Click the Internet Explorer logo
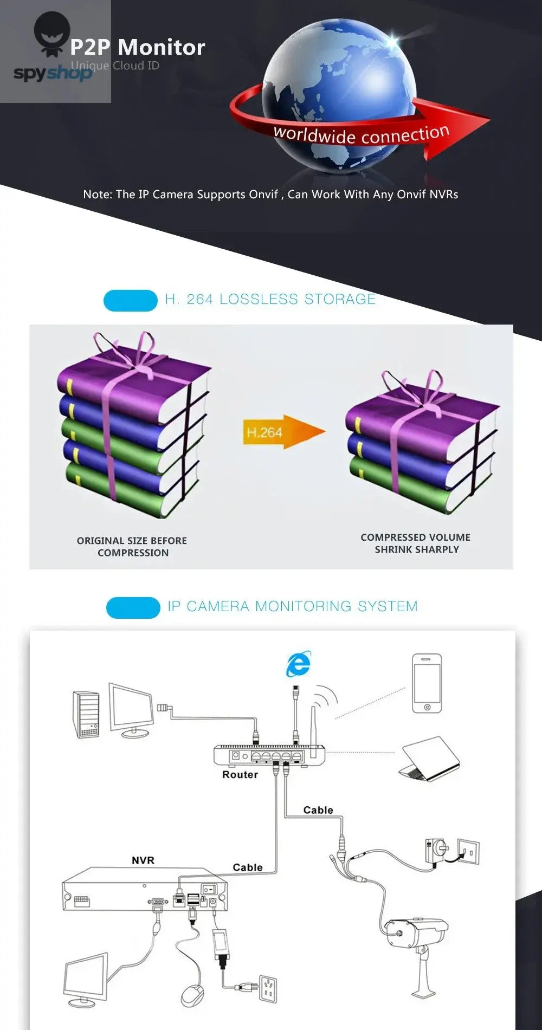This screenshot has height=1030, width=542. pyautogui.click(x=299, y=664)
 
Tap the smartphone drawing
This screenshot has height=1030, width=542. pyautogui.click(x=427, y=683)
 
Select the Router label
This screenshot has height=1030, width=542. pyautogui.click(x=240, y=775)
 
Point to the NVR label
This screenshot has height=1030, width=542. pyautogui.click(x=143, y=860)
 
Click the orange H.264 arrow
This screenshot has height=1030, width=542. pyautogui.click(x=283, y=432)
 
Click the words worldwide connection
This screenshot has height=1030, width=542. pyautogui.click(x=362, y=134)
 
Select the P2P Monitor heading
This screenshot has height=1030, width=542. pyautogui.click(x=138, y=48)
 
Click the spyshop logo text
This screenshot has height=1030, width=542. pyautogui.click(x=53, y=73)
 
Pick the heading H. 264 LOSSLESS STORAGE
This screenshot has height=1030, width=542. pyautogui.click(x=270, y=299)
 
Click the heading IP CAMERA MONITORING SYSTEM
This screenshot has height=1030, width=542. pyautogui.click(x=293, y=606)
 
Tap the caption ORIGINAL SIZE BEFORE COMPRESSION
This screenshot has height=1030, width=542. pyautogui.click(x=132, y=547)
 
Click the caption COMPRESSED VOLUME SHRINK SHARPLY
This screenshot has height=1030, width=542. pyautogui.click(x=416, y=543)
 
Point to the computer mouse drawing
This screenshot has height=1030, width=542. pyautogui.click(x=192, y=995)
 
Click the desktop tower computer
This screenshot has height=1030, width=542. pyautogui.click(x=86, y=714)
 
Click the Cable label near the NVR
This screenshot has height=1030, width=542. pyautogui.click(x=248, y=867)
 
